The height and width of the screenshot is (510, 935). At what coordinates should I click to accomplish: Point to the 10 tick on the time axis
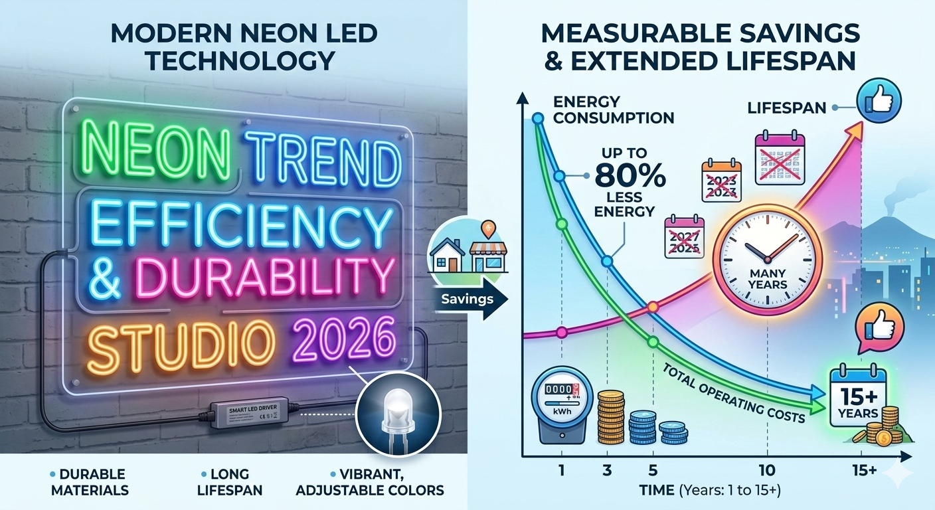pos(766,470)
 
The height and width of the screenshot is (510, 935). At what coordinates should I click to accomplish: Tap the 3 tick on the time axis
pos(606,470)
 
